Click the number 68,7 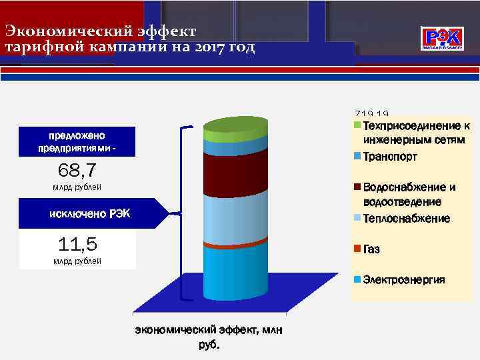click(77, 170)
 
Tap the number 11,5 click(77, 243)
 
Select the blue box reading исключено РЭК click(90, 213)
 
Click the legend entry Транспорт click(391, 157)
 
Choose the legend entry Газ click(372, 249)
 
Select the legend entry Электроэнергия click(404, 279)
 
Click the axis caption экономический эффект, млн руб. click(209, 337)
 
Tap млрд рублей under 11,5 click(77, 261)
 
